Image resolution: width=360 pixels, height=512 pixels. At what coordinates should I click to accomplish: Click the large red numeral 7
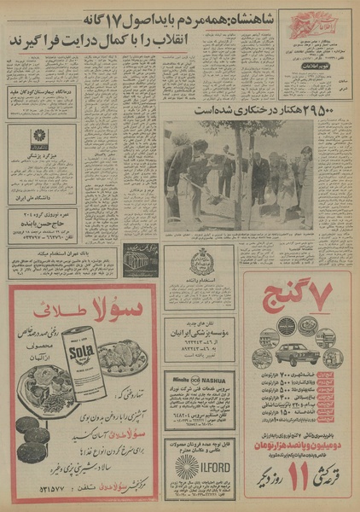[x=328, y=295]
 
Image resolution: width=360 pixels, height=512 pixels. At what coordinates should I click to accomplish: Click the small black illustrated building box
[x=141, y=259]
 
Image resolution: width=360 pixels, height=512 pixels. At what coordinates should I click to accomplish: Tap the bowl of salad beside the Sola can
[x=119, y=358]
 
